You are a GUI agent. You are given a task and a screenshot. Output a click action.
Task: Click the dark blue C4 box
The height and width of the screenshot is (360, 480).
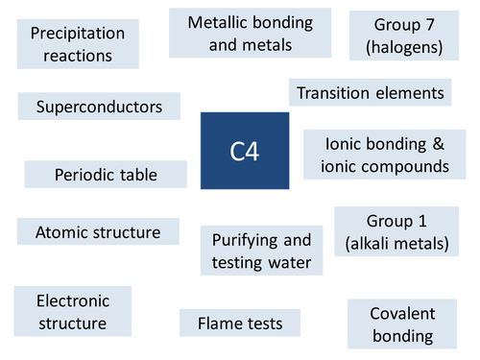[x=244, y=150]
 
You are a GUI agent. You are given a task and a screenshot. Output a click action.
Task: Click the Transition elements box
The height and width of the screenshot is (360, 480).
[x=370, y=93]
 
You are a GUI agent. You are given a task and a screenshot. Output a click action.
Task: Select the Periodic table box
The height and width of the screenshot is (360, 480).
[x=106, y=175]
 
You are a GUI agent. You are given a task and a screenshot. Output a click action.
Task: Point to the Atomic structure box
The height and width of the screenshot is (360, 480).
[x=98, y=232]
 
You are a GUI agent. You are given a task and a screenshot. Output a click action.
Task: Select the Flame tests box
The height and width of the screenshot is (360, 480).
[x=239, y=324]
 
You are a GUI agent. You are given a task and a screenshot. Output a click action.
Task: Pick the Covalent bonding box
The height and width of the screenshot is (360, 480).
[x=403, y=324]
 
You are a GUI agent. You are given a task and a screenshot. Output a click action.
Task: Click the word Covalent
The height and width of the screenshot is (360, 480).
[x=403, y=314]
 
